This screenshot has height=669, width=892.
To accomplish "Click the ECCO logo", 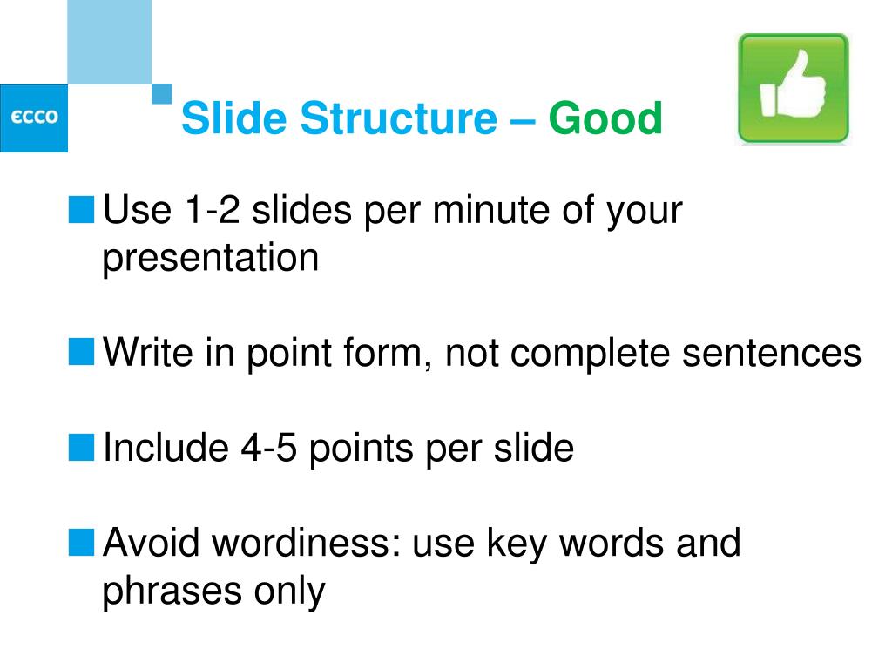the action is [x=34, y=118].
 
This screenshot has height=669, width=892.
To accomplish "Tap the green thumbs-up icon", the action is [x=793, y=88].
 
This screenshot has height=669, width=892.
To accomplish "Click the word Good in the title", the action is [x=605, y=118].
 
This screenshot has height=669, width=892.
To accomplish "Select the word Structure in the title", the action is [x=398, y=118].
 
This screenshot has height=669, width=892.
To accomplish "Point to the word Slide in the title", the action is [x=233, y=118].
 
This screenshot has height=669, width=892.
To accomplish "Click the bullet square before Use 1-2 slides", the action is [x=81, y=209].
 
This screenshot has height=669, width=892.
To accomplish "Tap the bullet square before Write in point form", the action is [x=81, y=352].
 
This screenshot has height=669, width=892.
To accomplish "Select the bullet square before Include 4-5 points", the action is [x=81, y=447].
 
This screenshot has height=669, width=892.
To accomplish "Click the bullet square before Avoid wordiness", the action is [x=81, y=542].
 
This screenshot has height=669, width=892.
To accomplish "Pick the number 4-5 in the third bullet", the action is [x=268, y=448].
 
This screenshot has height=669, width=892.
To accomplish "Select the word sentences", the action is [x=772, y=354].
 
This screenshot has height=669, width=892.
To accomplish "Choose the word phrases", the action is [x=172, y=591].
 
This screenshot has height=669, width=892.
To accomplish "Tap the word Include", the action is [x=166, y=447].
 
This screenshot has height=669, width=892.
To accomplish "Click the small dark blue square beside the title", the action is [x=161, y=94].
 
